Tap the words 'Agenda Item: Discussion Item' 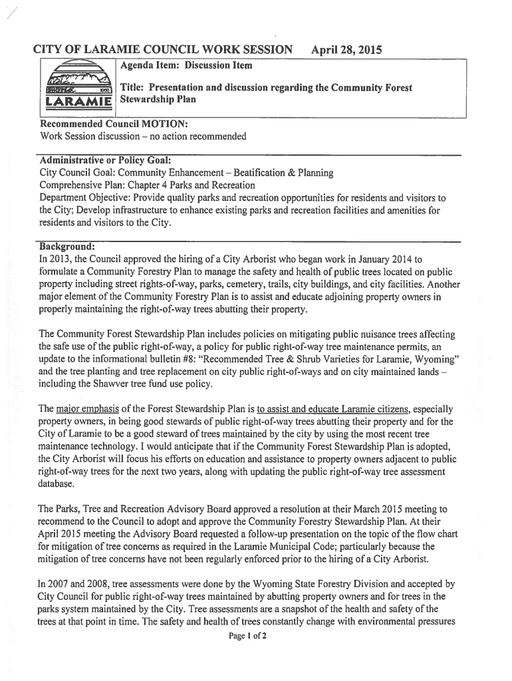[x=186, y=66]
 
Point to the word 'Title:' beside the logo [x=133, y=88]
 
